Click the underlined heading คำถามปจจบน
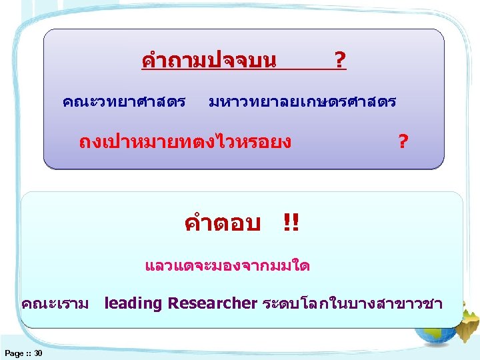click(x=209, y=61)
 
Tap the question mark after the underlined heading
click(x=339, y=62)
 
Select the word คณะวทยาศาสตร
click(x=123, y=102)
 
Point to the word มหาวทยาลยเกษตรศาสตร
click(x=302, y=102)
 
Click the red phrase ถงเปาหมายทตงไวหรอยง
click(x=185, y=141)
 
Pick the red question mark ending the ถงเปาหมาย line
click(x=402, y=141)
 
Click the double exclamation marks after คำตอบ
click(x=291, y=223)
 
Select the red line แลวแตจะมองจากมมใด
click(x=227, y=266)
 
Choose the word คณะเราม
click(x=55, y=304)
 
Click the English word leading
click(x=133, y=304)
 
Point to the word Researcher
click(x=212, y=304)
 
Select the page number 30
click(x=37, y=353)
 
